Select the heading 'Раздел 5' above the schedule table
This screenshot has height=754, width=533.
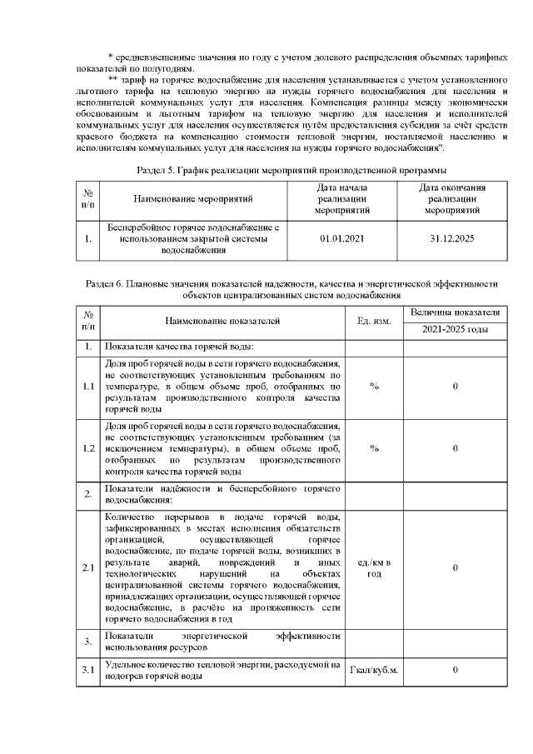coord(266,170)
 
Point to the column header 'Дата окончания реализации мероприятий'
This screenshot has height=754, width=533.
coord(452,199)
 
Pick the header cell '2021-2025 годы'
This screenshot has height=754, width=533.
coord(455,330)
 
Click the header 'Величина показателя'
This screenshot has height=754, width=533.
coord(455,312)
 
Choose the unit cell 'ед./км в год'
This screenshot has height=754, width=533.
coord(374,568)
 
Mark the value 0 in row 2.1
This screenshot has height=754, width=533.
coord(455,568)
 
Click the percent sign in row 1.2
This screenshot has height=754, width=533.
coord(374,448)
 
